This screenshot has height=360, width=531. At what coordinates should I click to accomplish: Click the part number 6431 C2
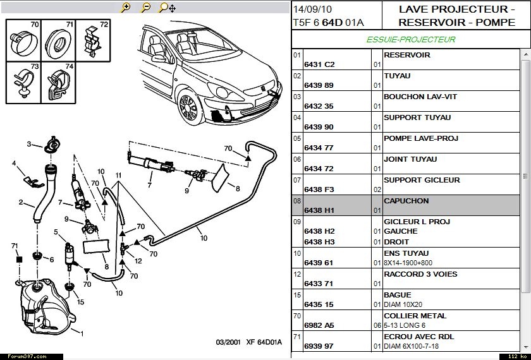tap(319, 64)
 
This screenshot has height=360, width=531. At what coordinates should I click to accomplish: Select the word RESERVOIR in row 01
tap(406, 55)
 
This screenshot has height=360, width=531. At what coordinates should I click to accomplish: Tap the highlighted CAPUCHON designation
tap(406, 201)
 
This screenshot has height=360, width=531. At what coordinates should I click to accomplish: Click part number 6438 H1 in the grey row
tap(319, 210)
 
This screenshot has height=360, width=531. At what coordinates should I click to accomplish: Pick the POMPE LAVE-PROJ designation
tap(420, 138)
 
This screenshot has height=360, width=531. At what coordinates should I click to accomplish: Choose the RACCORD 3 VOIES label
tap(420, 274)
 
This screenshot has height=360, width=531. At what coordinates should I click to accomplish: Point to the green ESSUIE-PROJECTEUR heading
tap(411, 39)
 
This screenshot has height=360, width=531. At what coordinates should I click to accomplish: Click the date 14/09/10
tap(312, 9)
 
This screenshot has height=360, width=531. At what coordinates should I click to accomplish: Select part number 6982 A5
tap(319, 325)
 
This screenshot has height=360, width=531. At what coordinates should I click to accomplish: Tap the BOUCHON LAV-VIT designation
tap(420, 97)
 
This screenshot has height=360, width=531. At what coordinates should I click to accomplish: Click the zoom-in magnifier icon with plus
tap(125, 8)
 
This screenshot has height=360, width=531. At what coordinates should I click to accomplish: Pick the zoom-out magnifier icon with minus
tap(145, 8)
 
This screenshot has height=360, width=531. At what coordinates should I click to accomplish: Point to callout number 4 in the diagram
tap(14, 164)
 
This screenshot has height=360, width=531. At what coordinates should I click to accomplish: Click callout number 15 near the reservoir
tap(80, 303)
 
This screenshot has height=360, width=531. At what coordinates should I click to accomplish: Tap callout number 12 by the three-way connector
tap(138, 261)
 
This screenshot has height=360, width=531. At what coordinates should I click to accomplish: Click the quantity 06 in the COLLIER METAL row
tap(377, 325)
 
